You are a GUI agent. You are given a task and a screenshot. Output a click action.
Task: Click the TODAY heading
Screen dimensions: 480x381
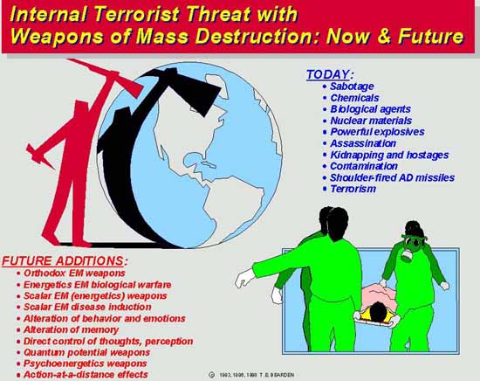coord(330,74)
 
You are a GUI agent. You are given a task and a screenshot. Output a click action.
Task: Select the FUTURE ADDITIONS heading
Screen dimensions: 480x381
coord(65,261)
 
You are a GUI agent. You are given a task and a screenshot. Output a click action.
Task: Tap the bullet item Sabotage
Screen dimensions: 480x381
coord(352,87)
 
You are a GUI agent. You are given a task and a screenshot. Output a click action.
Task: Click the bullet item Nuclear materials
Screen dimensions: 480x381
coord(371,121)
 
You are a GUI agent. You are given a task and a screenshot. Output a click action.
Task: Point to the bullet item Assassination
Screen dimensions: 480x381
coord(363,143)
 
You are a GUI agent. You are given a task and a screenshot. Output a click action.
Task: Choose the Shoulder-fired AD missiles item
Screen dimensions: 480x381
coord(392,177)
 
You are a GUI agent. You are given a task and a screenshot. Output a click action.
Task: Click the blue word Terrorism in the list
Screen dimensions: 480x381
coord(353,189)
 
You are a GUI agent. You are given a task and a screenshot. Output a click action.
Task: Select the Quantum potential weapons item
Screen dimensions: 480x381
coord(86,352)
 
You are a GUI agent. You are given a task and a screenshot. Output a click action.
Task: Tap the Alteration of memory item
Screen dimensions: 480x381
coord(71,329)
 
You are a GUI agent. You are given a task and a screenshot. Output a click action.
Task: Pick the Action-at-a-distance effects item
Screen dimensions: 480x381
coord(86,375)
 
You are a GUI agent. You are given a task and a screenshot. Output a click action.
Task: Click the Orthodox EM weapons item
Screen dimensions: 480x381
coord(74,274)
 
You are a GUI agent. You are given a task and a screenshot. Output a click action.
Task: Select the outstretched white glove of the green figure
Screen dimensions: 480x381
coord(244,278)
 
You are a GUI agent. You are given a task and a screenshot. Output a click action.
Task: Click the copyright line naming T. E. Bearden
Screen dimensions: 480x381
coord(252,375)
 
